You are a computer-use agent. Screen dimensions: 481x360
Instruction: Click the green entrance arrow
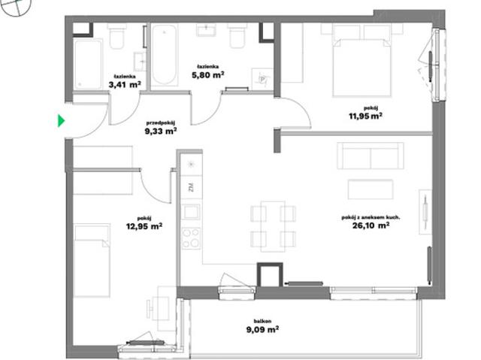[x=62, y=120]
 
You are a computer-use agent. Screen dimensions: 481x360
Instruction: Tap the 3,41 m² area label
[x=125, y=82]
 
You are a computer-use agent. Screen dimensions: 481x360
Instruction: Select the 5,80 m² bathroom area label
[x=207, y=71]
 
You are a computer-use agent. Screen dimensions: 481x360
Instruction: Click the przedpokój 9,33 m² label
[x=161, y=128]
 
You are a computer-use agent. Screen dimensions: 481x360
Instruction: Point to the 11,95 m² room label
[x=365, y=113]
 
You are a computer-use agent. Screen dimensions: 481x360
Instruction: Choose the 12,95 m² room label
[x=144, y=223]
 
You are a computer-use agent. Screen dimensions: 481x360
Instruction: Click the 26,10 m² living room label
[x=371, y=222]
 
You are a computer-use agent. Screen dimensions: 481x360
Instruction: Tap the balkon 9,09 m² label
[x=262, y=326]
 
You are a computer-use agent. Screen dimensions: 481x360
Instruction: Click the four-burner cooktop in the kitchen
[x=191, y=238]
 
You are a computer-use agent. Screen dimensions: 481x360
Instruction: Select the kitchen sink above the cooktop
[x=191, y=212]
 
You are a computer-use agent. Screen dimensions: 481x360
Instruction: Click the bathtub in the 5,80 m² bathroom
[x=165, y=55]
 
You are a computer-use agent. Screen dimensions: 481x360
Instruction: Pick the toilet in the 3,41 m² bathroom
[x=116, y=36]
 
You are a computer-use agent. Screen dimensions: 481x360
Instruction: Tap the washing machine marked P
[x=262, y=79]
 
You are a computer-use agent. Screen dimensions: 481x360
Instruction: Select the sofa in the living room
[x=371, y=156]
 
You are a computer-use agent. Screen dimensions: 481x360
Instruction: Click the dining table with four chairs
[x=273, y=226]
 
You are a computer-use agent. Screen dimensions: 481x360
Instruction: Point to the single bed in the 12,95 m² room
[x=92, y=260]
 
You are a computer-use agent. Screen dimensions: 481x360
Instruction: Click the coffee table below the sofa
[x=371, y=189]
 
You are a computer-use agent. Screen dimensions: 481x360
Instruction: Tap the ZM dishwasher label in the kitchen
[x=191, y=187]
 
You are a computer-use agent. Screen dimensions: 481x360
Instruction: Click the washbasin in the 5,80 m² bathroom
[x=206, y=30]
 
